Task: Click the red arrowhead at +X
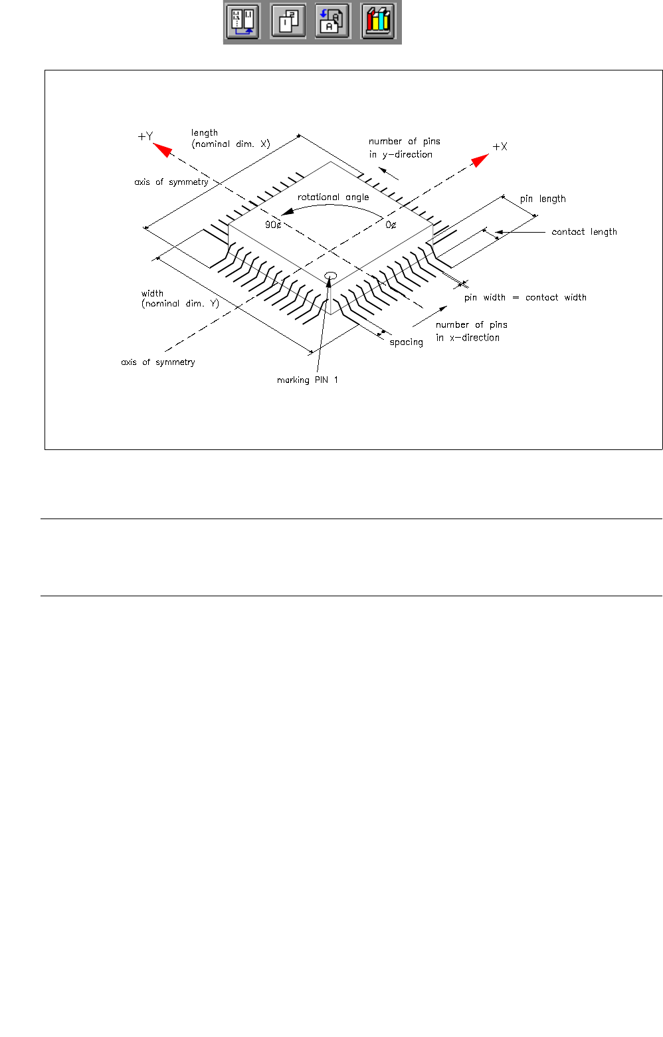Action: point(480,160)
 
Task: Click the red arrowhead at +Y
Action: point(163,150)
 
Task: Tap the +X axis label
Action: point(500,146)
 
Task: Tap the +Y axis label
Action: point(145,136)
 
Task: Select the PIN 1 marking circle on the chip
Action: point(330,276)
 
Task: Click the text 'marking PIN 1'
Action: point(307,380)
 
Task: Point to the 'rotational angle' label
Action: point(333,197)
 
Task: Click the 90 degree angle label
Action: point(273,225)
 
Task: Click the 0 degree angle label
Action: point(391,225)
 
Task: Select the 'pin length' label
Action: point(543,199)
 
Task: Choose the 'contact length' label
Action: point(584,232)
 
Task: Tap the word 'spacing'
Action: point(406,342)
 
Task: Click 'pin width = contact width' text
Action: point(525,298)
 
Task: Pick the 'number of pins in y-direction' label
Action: point(404,148)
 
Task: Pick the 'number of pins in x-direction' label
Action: point(471,331)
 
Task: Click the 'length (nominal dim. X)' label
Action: point(230,138)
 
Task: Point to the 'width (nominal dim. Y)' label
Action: point(179,298)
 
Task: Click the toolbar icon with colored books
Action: point(377,21)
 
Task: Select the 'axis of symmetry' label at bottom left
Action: point(157,362)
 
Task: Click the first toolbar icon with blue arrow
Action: point(242,21)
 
